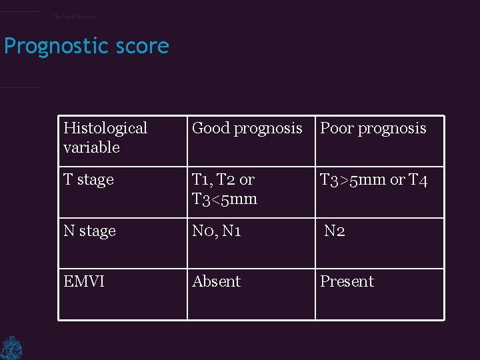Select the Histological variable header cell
pos(105,137)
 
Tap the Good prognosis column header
pos(247,128)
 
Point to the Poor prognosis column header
pos(373,128)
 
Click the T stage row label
pos(89,180)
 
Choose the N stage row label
pos(89,231)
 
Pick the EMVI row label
pos(84,281)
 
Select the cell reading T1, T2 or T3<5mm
pos(224,189)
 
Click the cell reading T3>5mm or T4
pos(374,180)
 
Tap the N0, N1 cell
pos(216,231)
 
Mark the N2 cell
pos(335,231)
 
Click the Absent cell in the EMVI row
pos(216,281)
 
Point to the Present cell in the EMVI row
pos(347,281)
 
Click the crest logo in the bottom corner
pos(11,347)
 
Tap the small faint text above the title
pos(75,17)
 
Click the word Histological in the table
pos(105,128)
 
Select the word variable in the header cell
pos(91,147)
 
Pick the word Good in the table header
pos(209,128)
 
